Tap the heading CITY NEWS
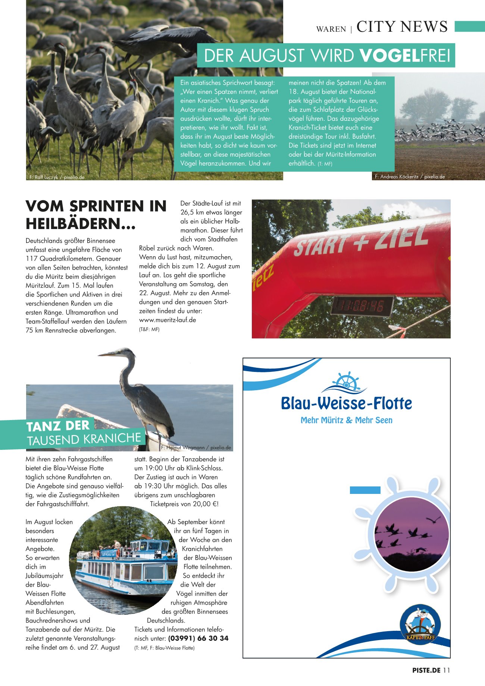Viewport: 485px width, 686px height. point(402,27)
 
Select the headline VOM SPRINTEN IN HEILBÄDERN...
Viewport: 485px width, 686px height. point(96,215)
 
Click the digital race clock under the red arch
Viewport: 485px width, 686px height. point(362,306)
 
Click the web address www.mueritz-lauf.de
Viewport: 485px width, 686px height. point(168,320)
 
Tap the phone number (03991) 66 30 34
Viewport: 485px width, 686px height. point(198,638)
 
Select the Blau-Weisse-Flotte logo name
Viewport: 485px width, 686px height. point(346,404)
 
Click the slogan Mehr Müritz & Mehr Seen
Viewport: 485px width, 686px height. point(346,420)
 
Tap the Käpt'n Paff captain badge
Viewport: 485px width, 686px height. point(420,625)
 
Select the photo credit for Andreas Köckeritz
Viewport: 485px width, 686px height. point(410,177)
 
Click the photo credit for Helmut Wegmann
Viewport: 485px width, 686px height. point(196,448)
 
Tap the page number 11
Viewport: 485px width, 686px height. point(447,670)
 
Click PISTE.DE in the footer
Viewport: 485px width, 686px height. point(426,670)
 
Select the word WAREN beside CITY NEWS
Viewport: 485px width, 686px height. point(331,29)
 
